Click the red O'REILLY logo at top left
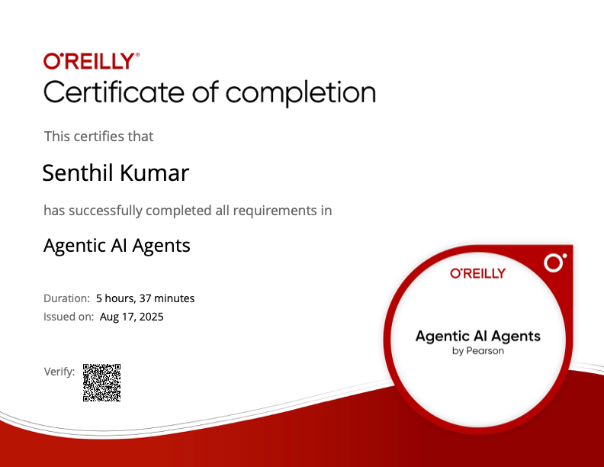pos(92,61)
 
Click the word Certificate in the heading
pos(114,92)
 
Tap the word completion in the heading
pos(300,93)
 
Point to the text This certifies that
pos(98,137)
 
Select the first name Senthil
pos(79,172)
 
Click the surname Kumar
pos(155,172)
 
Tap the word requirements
pos(275,211)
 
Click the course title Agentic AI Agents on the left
pos(117,246)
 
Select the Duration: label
pos(66,298)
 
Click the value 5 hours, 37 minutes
pos(145,298)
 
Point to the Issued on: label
pos(69,317)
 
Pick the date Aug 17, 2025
pos(131,317)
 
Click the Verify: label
pos(59,372)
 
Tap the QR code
pos(101,382)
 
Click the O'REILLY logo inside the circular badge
pos(477,273)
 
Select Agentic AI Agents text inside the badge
pos(477,337)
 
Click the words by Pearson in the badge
pos(477,351)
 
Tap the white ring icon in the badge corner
pos(554,263)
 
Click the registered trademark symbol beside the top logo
pos(137,55)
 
